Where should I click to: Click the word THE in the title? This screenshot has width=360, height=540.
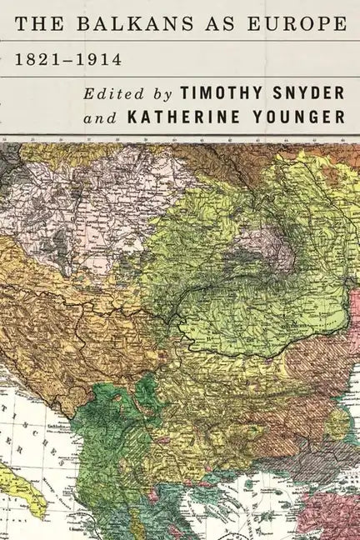click(x=37, y=27)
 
